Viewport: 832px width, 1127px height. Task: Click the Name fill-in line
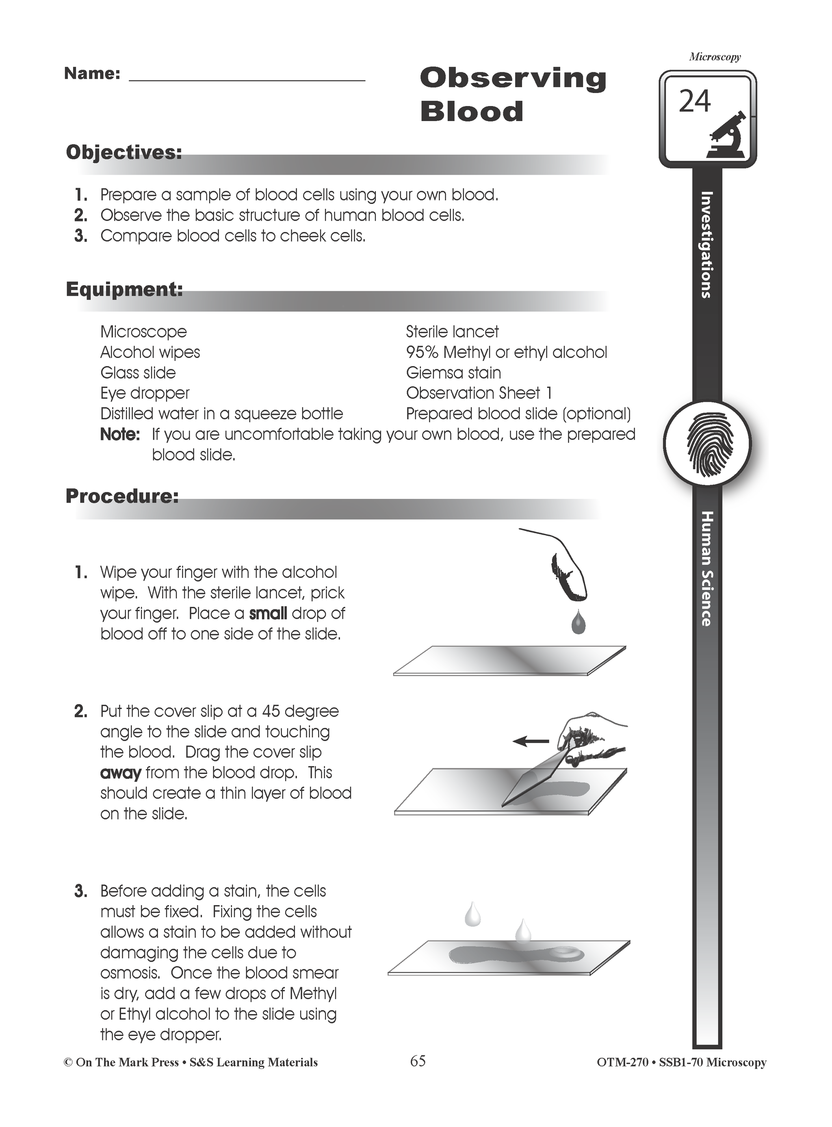tap(247, 79)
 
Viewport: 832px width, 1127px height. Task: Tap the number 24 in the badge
tap(695, 101)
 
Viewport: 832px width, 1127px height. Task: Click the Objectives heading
tap(124, 152)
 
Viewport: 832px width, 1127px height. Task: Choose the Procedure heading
tap(122, 496)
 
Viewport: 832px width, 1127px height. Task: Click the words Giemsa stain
tap(453, 373)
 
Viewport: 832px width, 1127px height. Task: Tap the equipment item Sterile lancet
tap(452, 332)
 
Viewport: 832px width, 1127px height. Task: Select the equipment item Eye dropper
tap(145, 393)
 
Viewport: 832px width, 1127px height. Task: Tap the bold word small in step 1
tap(268, 613)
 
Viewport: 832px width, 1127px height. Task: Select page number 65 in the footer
tap(418, 1061)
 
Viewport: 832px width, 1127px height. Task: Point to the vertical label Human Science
tap(707, 569)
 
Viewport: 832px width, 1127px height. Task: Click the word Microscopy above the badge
tap(715, 57)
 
